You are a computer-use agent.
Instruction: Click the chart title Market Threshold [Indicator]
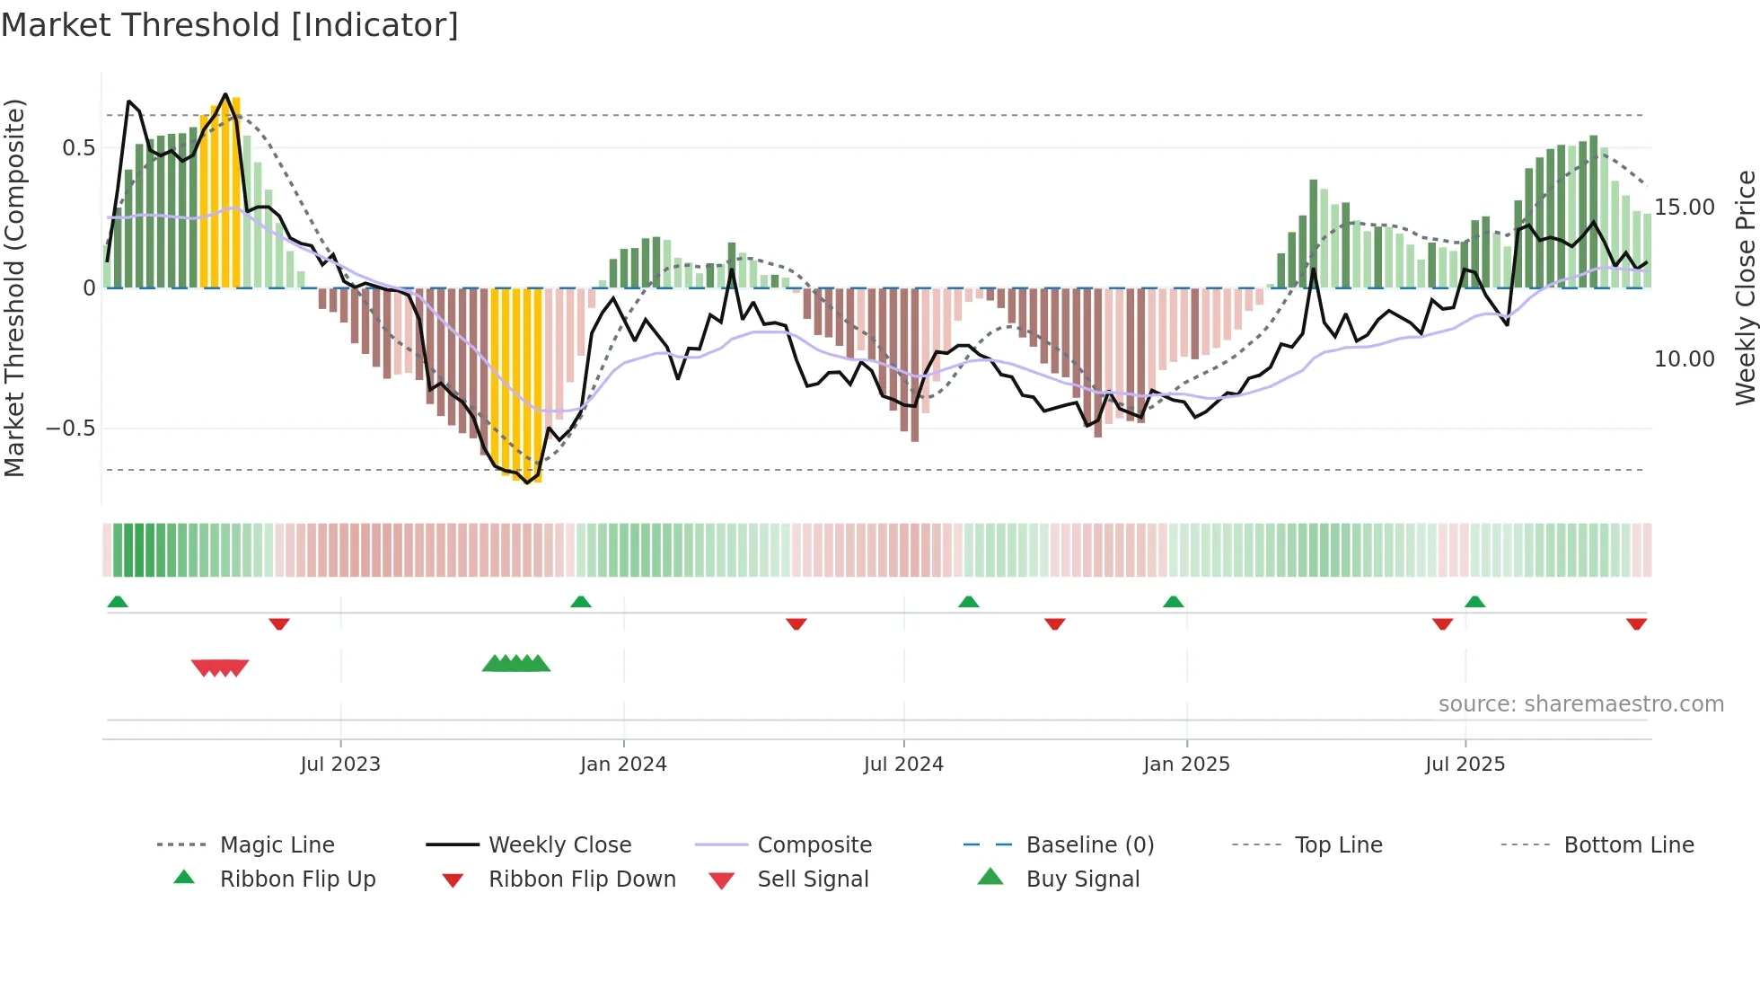coord(230,25)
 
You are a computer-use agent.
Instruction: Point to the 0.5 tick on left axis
coord(78,148)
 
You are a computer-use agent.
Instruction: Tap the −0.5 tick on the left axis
coord(71,429)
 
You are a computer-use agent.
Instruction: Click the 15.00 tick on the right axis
coord(1685,208)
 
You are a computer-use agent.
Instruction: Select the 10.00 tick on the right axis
coord(1685,359)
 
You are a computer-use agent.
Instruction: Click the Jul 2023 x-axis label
coord(340,765)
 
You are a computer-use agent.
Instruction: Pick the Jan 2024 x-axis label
coord(623,765)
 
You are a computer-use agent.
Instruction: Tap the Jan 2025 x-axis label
coord(1186,765)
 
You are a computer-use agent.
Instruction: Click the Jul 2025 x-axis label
coord(1465,765)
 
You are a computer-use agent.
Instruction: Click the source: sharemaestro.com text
coord(1580,704)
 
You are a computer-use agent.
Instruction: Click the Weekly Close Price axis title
coord(1745,287)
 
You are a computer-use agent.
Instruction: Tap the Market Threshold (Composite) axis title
coord(14,287)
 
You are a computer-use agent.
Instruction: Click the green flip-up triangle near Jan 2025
coord(1173,602)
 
